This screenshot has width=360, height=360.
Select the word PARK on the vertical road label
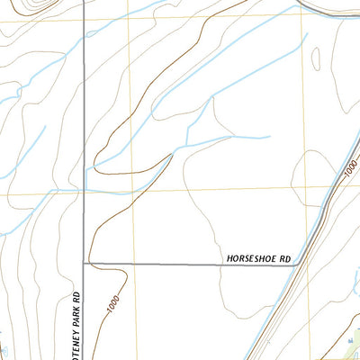[78, 316]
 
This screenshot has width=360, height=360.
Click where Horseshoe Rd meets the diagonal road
[295, 265]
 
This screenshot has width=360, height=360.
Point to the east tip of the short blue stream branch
[270, 137]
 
